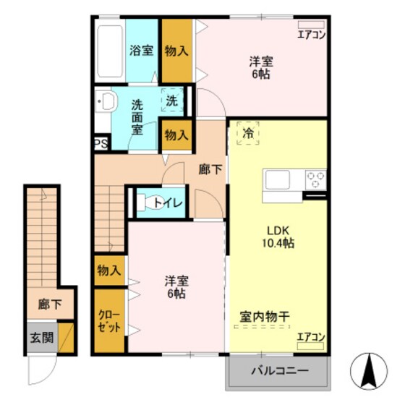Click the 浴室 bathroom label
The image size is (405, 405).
pos(142,51)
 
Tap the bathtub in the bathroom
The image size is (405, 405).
pos(110,53)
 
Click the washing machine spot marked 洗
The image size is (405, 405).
pos(172,101)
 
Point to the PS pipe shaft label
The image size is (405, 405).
pos(101,143)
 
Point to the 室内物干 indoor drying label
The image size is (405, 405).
pos(264,316)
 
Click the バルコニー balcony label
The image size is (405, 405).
pos(279,372)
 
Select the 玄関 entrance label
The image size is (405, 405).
pos(42,338)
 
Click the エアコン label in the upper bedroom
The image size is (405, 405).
pos(312,34)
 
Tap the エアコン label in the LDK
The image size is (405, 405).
pos(312,337)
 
